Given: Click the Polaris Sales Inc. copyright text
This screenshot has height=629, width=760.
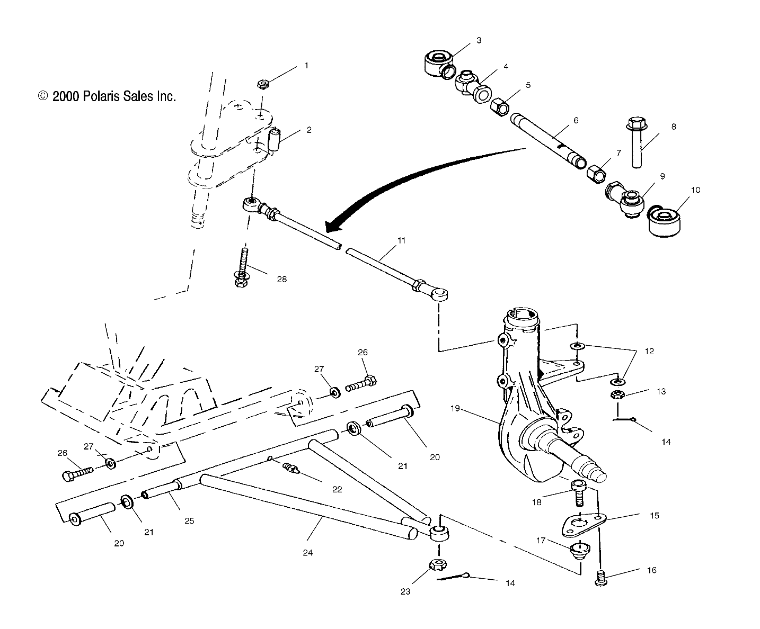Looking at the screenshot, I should [107, 96].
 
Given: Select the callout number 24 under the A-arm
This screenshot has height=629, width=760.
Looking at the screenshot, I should [308, 552].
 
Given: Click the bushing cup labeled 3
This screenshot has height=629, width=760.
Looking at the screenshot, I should [438, 61].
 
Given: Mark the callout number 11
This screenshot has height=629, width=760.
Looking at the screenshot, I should [401, 240].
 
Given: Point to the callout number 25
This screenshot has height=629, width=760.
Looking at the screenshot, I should [189, 521].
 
